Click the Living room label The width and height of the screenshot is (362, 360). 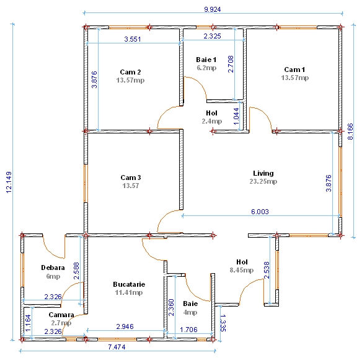(263, 173)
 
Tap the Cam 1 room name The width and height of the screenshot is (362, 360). (294, 70)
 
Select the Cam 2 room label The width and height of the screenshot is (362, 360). (130, 72)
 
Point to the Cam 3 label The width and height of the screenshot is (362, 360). (130, 178)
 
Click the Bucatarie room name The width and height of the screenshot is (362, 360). (129, 284)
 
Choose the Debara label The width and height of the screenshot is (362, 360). (53, 268)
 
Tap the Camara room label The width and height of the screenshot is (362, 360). (61, 315)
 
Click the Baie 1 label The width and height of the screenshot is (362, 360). (206, 60)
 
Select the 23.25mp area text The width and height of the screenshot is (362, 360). (263, 181)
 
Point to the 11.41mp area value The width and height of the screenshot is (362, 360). (129, 292)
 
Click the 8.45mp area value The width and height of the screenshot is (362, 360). (242, 270)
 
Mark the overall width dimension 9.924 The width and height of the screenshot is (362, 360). (213, 9)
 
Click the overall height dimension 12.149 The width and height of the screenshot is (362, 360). (9, 182)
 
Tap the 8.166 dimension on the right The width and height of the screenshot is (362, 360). (350, 132)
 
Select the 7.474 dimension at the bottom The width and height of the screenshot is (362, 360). (117, 347)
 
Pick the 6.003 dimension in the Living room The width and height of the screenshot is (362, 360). (260, 212)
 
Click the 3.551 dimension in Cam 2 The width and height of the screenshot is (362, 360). (133, 39)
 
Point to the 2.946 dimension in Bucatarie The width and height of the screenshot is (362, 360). (125, 326)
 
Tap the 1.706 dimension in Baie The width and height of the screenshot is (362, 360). (188, 330)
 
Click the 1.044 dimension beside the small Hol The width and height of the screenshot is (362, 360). (236, 117)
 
